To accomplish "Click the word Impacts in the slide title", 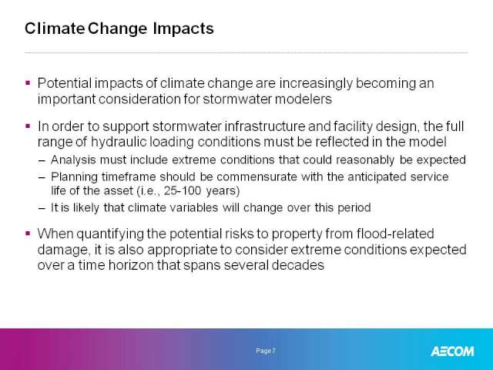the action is [183, 29].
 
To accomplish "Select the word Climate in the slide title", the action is [55, 29].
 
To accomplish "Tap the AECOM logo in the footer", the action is [452, 351].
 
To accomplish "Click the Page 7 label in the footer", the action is [266, 351].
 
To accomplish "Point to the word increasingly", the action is [316, 84].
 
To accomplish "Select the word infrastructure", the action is [264, 126].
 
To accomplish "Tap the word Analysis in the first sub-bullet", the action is [73, 160].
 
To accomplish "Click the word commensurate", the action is [257, 177].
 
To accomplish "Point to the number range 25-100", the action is [183, 191].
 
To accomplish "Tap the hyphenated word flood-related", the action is [395, 234].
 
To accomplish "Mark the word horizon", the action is [131, 265].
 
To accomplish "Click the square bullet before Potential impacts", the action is [28, 83].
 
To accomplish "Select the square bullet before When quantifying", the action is [28, 234].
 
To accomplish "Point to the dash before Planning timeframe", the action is [42, 177].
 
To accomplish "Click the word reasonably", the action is [365, 160].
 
